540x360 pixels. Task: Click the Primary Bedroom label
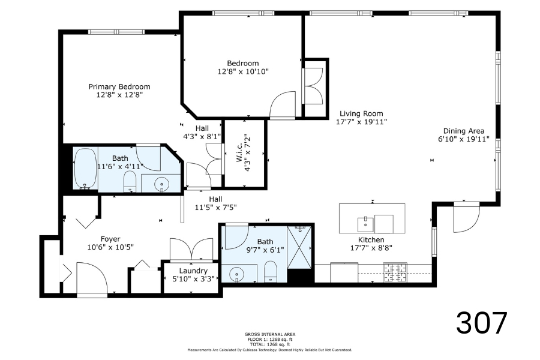point(119,86)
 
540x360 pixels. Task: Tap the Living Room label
point(361,113)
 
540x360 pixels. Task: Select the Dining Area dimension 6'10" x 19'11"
point(464,139)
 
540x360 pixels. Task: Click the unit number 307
point(482,322)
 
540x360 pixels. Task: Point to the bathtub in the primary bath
point(85,169)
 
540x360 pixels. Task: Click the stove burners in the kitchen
point(395,272)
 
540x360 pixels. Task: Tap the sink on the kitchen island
point(365,224)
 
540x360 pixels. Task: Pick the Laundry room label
point(193,271)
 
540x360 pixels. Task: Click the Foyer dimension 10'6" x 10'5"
point(110,247)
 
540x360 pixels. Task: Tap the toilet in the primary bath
point(130,182)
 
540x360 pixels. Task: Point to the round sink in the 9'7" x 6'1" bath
point(236,274)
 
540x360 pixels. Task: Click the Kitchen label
point(371,239)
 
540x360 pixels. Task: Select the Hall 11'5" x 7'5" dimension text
point(215,208)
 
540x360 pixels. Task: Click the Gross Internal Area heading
point(270,334)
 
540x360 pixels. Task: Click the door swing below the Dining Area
point(466,218)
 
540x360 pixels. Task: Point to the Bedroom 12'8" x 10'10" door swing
point(283,105)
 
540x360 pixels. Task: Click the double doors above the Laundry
point(191,250)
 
